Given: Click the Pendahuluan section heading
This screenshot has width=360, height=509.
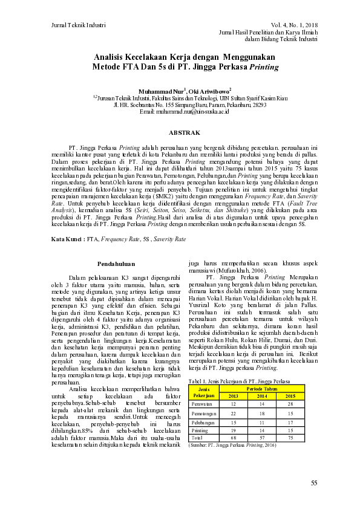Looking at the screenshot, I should coord(116,264).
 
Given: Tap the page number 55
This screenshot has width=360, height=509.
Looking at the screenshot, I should coord(314,482).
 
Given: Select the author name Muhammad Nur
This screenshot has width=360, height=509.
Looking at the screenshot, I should coord(161,90).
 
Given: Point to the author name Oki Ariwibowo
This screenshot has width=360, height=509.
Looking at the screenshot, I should coord(206,90).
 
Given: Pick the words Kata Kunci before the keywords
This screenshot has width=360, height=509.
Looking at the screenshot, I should coord(67,239).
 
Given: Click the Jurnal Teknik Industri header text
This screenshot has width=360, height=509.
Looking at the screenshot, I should coord(74,25).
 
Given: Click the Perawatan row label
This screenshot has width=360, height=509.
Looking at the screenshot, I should coord(201,403).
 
